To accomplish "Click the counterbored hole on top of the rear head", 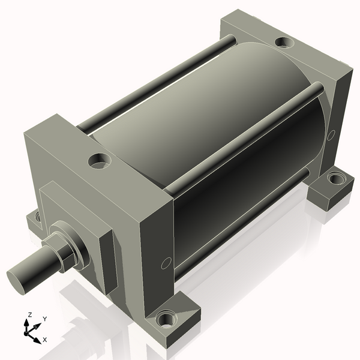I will pos(284,43).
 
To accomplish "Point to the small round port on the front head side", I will pos(166,262).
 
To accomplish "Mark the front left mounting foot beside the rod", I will pos(34,219).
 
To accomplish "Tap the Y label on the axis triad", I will pos(45,319).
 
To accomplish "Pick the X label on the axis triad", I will pos(44,340).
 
